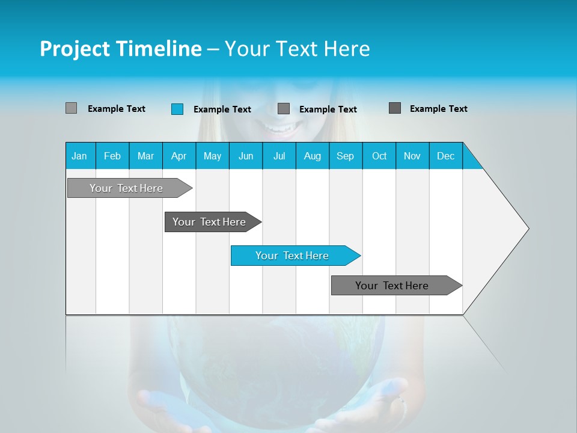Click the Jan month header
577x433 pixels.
(x=79, y=156)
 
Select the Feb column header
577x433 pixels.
(x=112, y=156)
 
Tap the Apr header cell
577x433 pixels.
(x=179, y=156)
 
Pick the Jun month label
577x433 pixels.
(x=246, y=156)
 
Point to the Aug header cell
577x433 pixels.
(x=312, y=156)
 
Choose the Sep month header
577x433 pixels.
(x=345, y=156)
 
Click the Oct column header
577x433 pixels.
(x=379, y=156)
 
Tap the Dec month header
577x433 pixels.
(x=445, y=156)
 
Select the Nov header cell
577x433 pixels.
(x=412, y=156)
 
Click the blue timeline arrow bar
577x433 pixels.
(x=295, y=256)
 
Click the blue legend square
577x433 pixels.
(x=177, y=109)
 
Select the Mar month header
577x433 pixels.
(x=145, y=156)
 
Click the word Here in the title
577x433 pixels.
(x=347, y=49)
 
